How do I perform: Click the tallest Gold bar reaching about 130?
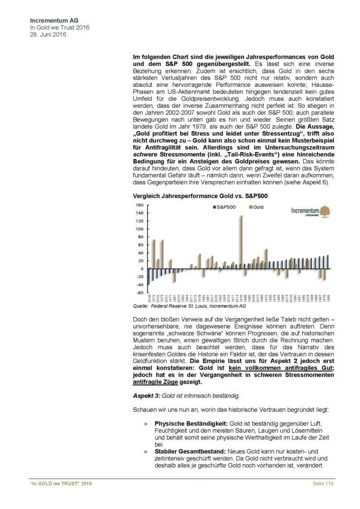pyautogui.click(x=241, y=242)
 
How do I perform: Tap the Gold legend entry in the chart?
pyautogui.click(x=256, y=207)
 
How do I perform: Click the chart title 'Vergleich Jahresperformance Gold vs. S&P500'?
pyautogui.click(x=194, y=197)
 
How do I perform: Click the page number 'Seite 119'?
pyautogui.click(x=323, y=484)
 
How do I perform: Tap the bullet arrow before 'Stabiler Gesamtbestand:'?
pyautogui.click(x=146, y=451)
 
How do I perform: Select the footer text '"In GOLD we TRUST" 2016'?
pyautogui.click(x=58, y=484)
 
